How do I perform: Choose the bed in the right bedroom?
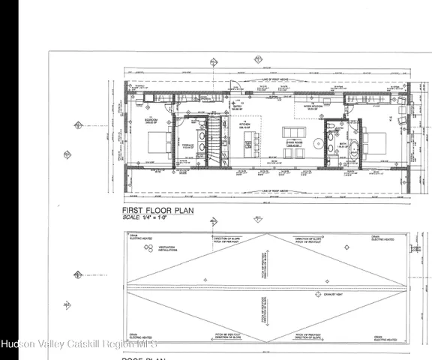[x=376, y=141]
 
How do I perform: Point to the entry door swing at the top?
[x=235, y=88]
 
